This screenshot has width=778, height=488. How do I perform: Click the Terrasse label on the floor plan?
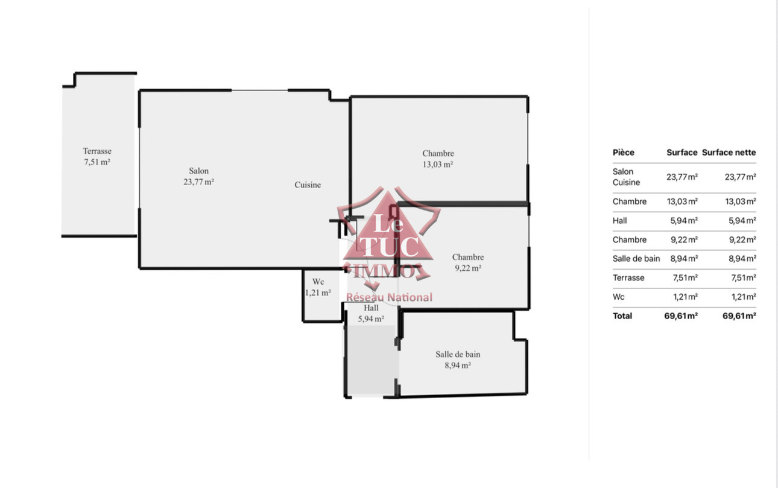pyautogui.click(x=97, y=151)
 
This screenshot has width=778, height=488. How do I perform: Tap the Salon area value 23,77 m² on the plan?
pyautogui.click(x=198, y=182)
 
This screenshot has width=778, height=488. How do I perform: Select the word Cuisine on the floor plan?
pyautogui.click(x=308, y=185)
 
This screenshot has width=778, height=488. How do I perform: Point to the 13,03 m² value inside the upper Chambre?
pyautogui.click(x=438, y=164)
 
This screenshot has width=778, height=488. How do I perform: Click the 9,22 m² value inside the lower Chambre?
pyautogui.click(x=468, y=268)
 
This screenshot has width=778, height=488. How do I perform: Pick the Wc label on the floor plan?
pyautogui.click(x=318, y=281)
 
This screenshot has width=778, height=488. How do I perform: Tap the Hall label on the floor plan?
pyautogui.click(x=371, y=308)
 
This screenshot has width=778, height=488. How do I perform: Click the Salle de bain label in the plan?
pyautogui.click(x=458, y=354)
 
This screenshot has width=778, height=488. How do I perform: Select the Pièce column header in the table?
pyautogui.click(x=624, y=153)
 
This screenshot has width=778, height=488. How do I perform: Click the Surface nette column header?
pyautogui.click(x=729, y=153)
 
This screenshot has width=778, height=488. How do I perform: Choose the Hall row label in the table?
pyautogui.click(x=619, y=221)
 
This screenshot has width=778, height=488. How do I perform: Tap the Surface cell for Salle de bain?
pyautogui.click(x=684, y=258)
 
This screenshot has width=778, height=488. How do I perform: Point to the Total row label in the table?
pyautogui.click(x=622, y=315)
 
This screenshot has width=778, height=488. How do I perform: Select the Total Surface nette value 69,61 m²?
pyautogui.click(x=739, y=315)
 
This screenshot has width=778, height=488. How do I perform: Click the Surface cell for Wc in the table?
pyautogui.click(x=685, y=297)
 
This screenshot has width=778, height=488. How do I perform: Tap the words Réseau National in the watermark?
pyautogui.click(x=390, y=297)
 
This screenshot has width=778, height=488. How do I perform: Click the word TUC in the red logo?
pyautogui.click(x=389, y=247)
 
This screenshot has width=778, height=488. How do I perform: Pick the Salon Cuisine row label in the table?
pyautogui.click(x=626, y=177)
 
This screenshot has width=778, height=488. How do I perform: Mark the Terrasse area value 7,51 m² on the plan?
pyautogui.click(x=97, y=162)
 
